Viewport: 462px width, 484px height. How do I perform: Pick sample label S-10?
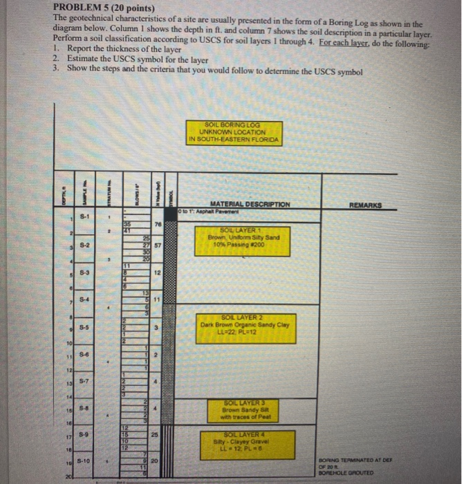pyautogui.click(x=83, y=460)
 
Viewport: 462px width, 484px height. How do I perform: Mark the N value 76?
pyautogui.click(x=158, y=225)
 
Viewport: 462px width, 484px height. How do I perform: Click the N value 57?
pyautogui.click(x=158, y=245)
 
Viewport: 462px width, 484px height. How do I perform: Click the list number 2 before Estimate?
pyautogui.click(x=55, y=59)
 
